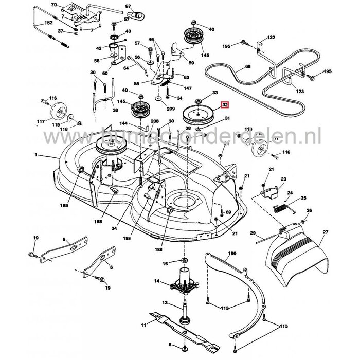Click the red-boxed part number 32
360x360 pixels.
(224, 105)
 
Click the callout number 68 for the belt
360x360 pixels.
(248, 67)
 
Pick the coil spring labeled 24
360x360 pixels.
(279, 208)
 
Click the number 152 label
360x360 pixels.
(49, 23)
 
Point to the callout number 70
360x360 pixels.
(53, 5)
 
